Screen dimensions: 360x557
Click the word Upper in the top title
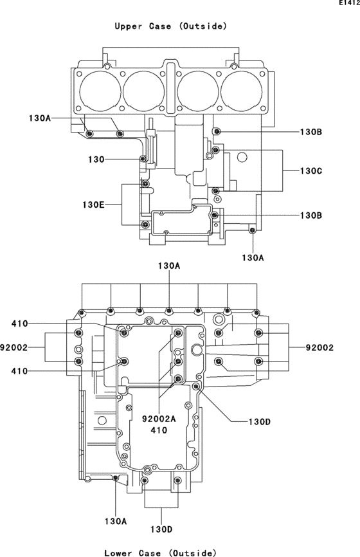(128, 26)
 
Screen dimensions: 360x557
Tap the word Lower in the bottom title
(118, 552)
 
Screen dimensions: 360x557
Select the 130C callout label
(311, 171)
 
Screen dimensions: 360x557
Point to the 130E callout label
(93, 205)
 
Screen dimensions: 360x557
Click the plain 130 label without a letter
(96, 160)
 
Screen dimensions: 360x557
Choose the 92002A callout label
(159, 419)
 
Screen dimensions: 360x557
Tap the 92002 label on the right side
(320, 347)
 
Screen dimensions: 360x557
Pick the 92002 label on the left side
(14, 347)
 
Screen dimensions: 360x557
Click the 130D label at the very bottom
(161, 529)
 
